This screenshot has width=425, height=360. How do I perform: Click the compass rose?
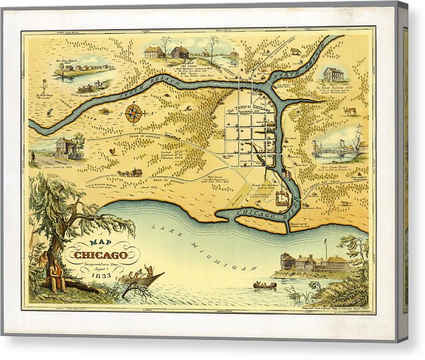(133, 112)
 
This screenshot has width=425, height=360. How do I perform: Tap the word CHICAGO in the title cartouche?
(101, 255)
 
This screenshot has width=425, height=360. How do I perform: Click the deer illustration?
(350, 111)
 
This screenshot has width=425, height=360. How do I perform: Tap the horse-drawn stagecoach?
(129, 172)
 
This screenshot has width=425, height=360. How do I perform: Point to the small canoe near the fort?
(264, 286)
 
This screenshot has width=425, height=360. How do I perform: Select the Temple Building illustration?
(333, 74)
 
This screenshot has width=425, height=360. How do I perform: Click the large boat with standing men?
(141, 277)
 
